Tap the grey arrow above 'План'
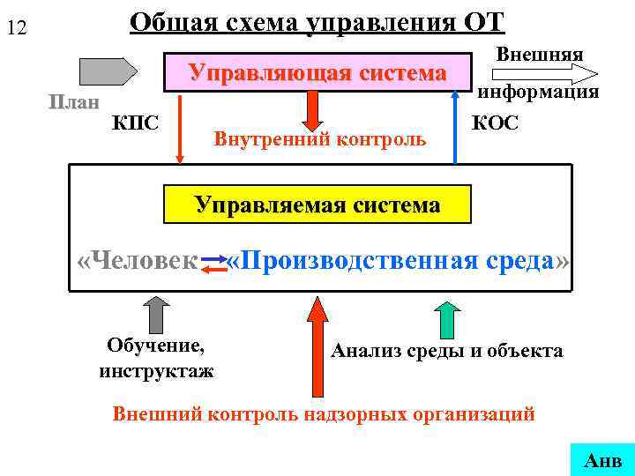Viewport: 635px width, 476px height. [108, 70]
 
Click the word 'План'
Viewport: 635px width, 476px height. [74, 102]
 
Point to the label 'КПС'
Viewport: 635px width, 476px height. [136, 122]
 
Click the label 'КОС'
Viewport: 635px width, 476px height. [496, 122]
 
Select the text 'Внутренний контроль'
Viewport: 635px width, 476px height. [319, 139]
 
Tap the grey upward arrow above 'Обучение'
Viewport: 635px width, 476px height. [156, 316]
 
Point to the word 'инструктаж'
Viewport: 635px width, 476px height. [156, 370]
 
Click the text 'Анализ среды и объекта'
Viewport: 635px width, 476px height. [446, 351]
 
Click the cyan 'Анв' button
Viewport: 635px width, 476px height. [602, 458]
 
